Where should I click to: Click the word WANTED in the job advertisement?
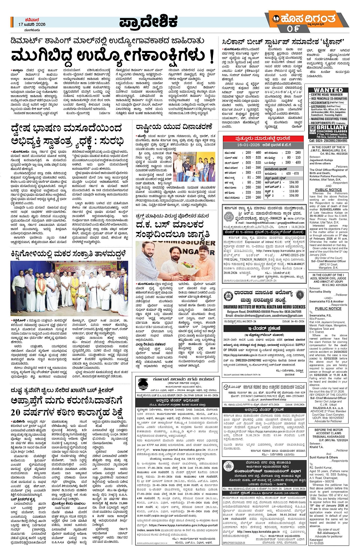click(x=328, y=90)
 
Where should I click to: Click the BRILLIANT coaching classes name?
click(x=332, y=127)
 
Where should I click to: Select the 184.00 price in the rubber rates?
click(x=294, y=182)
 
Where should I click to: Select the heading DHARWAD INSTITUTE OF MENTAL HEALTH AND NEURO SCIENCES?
click(x=264, y=307)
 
